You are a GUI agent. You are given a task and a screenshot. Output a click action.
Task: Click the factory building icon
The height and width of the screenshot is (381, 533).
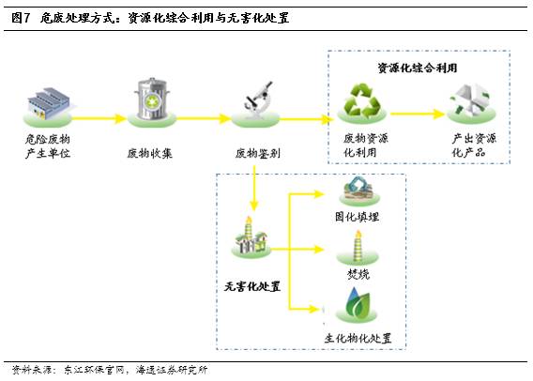click(x=48, y=103)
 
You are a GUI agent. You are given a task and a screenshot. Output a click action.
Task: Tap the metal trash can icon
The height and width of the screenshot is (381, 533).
click(x=152, y=99)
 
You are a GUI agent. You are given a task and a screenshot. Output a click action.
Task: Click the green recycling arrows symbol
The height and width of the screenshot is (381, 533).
click(x=361, y=99)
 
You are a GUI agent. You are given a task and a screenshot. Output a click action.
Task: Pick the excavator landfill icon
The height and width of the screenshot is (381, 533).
click(x=359, y=188)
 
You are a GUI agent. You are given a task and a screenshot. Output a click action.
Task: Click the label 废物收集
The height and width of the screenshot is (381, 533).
click(x=150, y=153)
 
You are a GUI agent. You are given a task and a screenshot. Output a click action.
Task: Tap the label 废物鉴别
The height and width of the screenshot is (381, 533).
click(x=258, y=153)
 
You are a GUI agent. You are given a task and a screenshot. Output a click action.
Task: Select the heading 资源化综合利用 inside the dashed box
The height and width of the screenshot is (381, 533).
click(x=418, y=68)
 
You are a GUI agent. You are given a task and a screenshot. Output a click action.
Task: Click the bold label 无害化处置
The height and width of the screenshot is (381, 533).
click(x=252, y=286)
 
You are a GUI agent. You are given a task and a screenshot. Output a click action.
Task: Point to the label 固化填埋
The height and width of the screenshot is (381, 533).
click(x=357, y=217)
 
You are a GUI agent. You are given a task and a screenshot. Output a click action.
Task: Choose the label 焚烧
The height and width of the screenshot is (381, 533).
click(x=358, y=274)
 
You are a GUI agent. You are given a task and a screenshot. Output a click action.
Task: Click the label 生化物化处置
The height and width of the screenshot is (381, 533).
click(x=358, y=338)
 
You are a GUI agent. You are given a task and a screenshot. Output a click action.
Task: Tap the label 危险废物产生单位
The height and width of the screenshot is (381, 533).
click(x=48, y=145)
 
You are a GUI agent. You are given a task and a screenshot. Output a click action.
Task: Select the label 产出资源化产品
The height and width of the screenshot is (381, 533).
click(x=474, y=145)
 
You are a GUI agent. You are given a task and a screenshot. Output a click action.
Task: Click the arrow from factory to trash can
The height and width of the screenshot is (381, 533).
click(x=99, y=118)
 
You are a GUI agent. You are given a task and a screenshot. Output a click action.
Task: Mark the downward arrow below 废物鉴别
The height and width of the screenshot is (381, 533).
click(x=254, y=188)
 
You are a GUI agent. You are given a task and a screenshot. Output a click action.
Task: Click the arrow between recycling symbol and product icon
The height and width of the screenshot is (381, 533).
click(x=418, y=114)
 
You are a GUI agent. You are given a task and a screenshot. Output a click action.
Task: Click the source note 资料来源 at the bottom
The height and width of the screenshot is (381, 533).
click(x=31, y=370)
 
